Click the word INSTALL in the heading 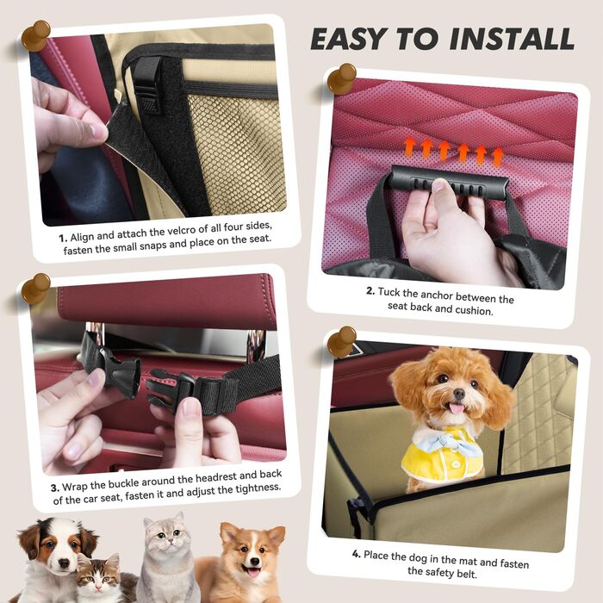(x=512, y=40)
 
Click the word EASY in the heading (x=348, y=40)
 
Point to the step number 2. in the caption (x=370, y=291)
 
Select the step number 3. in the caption (x=55, y=488)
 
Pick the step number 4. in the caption (x=357, y=554)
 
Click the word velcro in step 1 (x=181, y=231)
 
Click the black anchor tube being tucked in (x=449, y=183)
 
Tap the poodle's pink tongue (x=457, y=408)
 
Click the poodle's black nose (x=459, y=393)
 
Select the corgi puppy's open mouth (x=253, y=571)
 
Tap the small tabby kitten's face (x=96, y=575)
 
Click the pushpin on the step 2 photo (x=341, y=78)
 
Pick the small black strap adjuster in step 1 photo (x=148, y=85)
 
